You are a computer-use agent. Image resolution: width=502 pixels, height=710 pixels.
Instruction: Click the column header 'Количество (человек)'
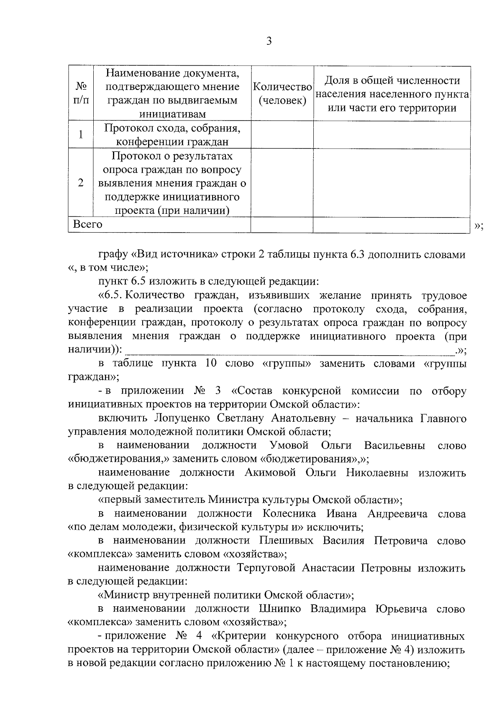click(282, 94)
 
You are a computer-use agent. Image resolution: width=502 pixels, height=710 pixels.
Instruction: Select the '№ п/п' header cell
click(81, 94)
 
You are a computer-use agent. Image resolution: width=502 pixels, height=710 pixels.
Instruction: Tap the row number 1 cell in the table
click(81, 134)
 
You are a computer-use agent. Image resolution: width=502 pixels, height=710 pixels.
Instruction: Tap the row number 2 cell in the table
click(81, 183)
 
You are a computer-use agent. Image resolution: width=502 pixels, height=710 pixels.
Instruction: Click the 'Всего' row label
click(88, 224)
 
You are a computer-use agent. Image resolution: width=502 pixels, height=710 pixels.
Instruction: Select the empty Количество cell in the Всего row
click(282, 225)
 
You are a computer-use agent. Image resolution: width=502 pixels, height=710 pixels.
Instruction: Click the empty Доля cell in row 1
click(392, 135)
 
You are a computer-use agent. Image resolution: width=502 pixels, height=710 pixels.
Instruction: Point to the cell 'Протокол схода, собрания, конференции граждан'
click(172, 135)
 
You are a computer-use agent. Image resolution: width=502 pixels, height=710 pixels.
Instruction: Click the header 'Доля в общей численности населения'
click(392, 94)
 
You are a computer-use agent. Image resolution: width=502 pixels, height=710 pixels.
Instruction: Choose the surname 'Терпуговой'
click(265, 568)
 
